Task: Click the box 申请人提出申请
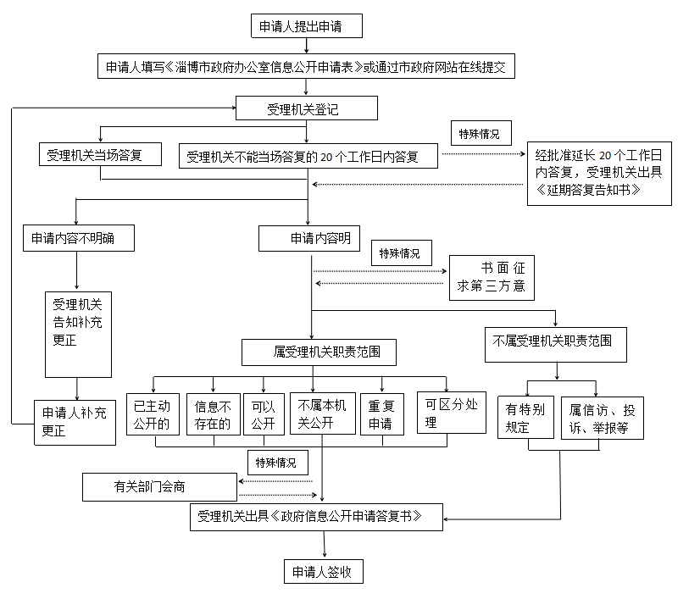307,26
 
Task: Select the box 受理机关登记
306,108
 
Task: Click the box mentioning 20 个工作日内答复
308,156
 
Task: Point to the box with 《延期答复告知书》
599,174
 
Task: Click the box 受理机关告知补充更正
78,335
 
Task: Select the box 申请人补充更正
75,422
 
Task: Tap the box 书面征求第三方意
492,277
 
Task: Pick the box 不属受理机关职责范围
556,341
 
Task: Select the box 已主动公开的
153,414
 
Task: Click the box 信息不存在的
214,414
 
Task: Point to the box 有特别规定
525,418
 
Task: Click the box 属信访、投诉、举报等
602,418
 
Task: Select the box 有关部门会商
159,487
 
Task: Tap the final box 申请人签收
324,571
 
